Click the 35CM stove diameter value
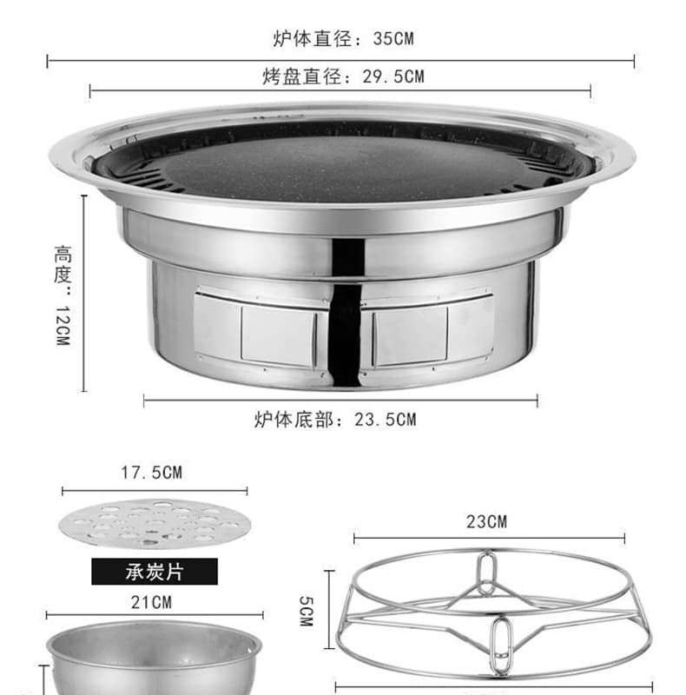(393, 38)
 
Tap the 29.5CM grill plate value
(393, 76)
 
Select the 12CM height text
(63, 325)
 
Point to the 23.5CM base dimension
(385, 420)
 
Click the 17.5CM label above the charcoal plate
(152, 473)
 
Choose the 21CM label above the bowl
(151, 602)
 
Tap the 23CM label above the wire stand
(486, 522)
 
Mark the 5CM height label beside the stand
(307, 611)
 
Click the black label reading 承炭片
(155, 572)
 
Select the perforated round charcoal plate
(155, 525)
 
